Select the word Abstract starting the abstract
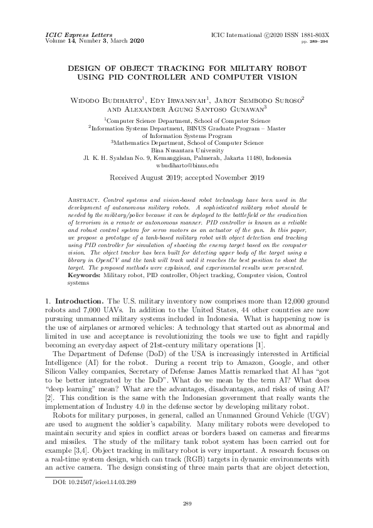click(x=83, y=199)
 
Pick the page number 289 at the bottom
click(x=186, y=504)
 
